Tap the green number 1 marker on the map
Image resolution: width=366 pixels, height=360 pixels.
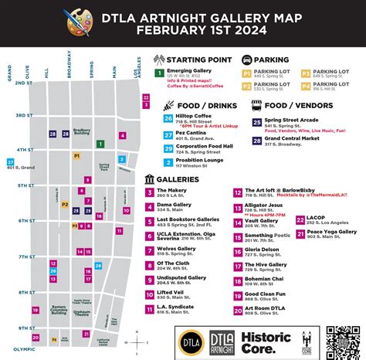(100, 144)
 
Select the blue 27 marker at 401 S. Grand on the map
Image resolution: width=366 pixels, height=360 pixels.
(11, 162)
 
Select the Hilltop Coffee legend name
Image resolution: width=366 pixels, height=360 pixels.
(193, 116)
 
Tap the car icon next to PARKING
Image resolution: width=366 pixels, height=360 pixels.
(247, 59)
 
